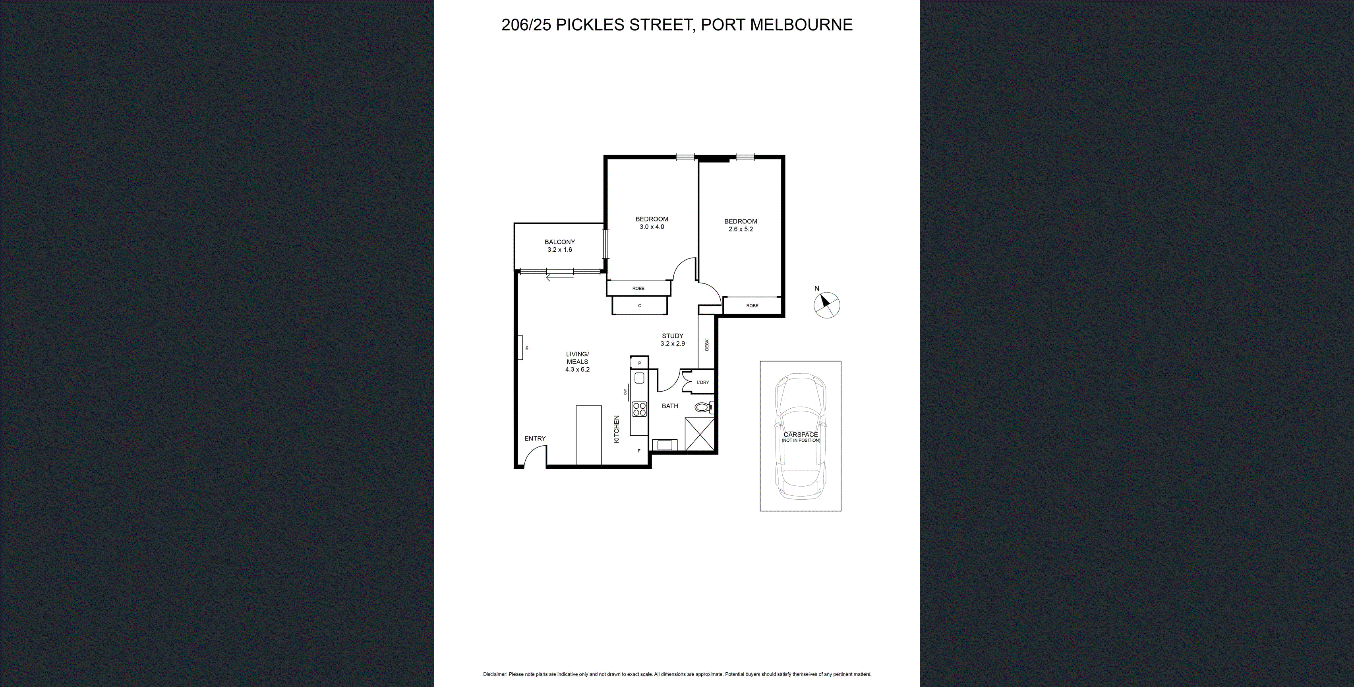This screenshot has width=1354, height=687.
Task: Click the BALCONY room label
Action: [559, 242]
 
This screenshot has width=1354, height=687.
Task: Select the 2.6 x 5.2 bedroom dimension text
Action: [741, 229]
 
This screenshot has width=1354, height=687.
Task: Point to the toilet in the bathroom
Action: [703, 407]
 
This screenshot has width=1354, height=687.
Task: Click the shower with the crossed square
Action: [700, 435]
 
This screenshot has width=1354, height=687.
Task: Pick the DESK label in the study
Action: [706, 345]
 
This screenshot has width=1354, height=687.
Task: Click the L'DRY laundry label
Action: [703, 382]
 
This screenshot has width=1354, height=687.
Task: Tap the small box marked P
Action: [639, 363]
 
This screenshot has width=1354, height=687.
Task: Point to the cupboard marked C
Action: [639, 306]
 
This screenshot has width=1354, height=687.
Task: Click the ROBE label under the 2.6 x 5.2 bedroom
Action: [752, 306]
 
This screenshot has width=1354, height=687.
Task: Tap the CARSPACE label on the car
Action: [800, 435]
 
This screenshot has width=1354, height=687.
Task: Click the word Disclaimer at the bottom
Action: [495, 674]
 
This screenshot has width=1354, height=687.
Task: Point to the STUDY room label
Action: [672, 336]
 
